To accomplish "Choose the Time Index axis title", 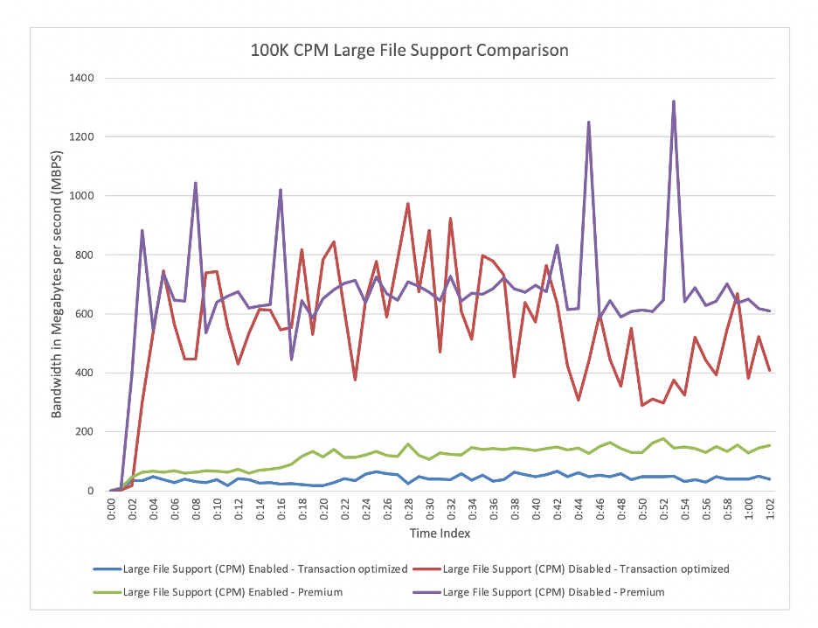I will [x=440, y=532].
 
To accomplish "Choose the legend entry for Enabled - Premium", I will [x=232, y=592].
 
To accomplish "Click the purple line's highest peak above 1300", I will [x=674, y=101].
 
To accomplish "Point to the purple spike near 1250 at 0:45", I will [x=589, y=122].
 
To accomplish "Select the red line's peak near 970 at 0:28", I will [x=408, y=204].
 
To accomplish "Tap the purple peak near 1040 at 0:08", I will [x=195, y=183].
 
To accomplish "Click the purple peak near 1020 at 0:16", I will [x=281, y=190].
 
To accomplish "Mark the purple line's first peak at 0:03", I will [x=142, y=231].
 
